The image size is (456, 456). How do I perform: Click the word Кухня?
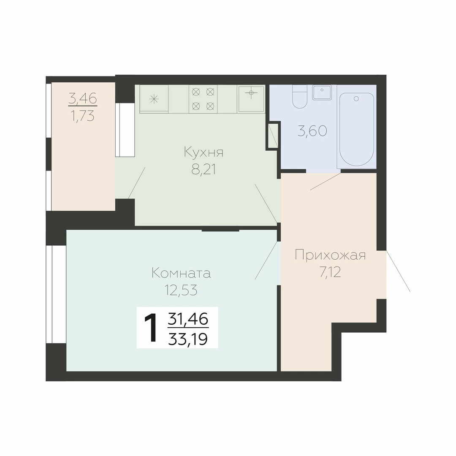[x=204, y=153]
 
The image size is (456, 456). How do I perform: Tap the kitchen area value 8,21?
[x=204, y=169]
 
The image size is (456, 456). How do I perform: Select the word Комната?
[x=181, y=273]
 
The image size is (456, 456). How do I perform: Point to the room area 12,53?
[x=181, y=290]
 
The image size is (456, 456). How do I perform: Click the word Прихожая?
[x=330, y=255]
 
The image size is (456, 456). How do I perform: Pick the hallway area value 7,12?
[x=330, y=272]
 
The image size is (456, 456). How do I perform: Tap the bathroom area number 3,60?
[x=312, y=131]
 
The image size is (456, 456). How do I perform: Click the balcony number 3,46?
[x=83, y=99]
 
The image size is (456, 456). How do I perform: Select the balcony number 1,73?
[x=83, y=117]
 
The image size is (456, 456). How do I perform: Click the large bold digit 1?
[x=151, y=328]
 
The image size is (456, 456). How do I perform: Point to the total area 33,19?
[x=188, y=339]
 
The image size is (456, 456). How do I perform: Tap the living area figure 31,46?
[x=188, y=319]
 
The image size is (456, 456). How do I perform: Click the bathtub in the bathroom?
[x=356, y=130]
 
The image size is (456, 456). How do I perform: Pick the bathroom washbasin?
[x=322, y=92]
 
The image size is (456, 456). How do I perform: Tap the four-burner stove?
[x=203, y=99]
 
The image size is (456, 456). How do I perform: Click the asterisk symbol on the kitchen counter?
[x=154, y=100]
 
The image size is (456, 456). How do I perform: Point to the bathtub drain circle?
[x=356, y=99]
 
